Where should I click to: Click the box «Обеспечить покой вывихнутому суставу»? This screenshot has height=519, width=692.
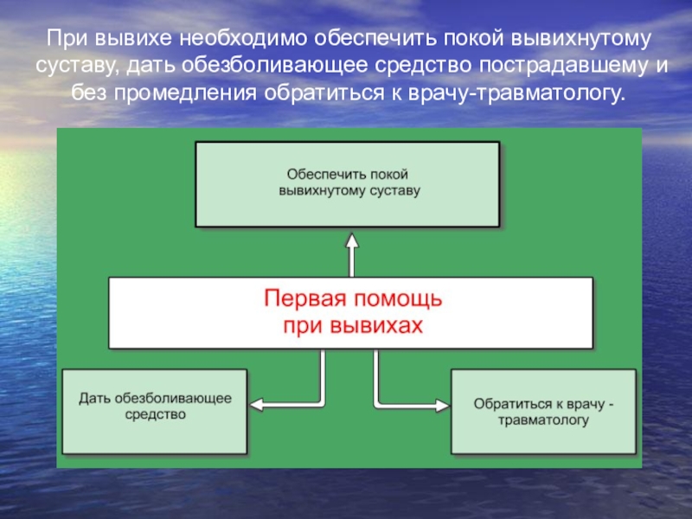[348, 184]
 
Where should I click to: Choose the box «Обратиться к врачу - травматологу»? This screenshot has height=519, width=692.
[543, 412]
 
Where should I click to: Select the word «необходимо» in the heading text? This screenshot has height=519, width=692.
[244, 40]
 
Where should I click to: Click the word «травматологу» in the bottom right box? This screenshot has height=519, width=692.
[544, 421]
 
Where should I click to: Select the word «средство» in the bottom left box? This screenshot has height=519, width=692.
[156, 415]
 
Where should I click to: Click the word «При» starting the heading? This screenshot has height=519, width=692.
[66, 40]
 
